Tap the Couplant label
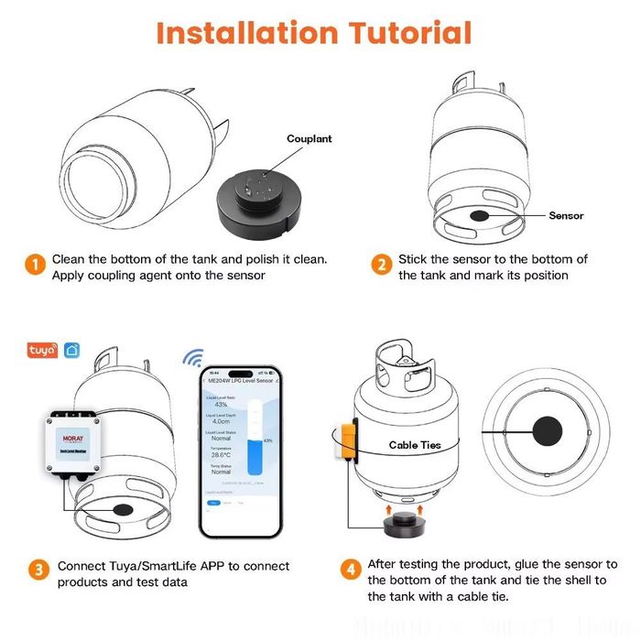point(310,139)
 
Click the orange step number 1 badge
point(33,266)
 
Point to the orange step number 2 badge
point(381,266)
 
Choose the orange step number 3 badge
point(38,570)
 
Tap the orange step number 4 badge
point(351,570)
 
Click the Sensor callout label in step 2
point(566,216)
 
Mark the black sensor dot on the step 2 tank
point(479,216)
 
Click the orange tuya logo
point(42,351)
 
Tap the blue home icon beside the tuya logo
point(72,351)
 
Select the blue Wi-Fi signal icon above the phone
point(193,355)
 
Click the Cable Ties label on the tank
point(414,445)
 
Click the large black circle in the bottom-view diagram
point(549,431)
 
